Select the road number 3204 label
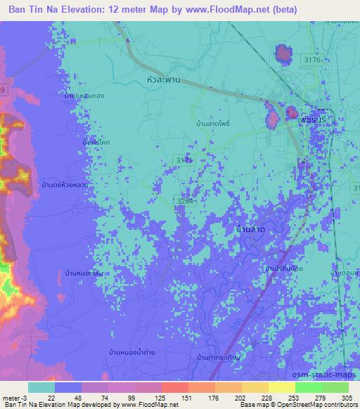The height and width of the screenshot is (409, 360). point(184,201)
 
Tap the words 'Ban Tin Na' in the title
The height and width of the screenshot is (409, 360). point(32,9)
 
